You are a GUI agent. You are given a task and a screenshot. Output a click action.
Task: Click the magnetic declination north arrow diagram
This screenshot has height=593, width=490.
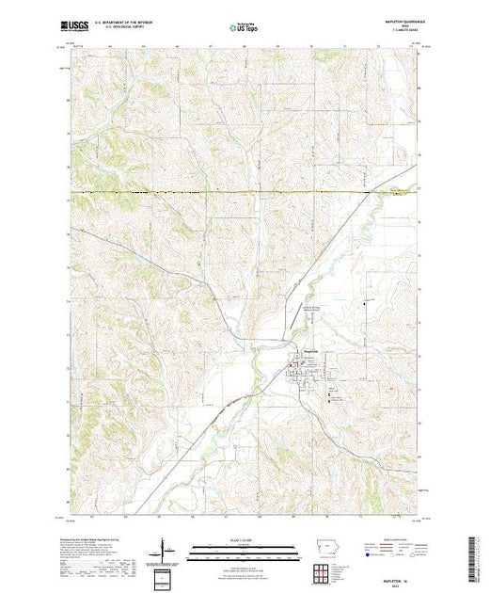coord(166,548)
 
